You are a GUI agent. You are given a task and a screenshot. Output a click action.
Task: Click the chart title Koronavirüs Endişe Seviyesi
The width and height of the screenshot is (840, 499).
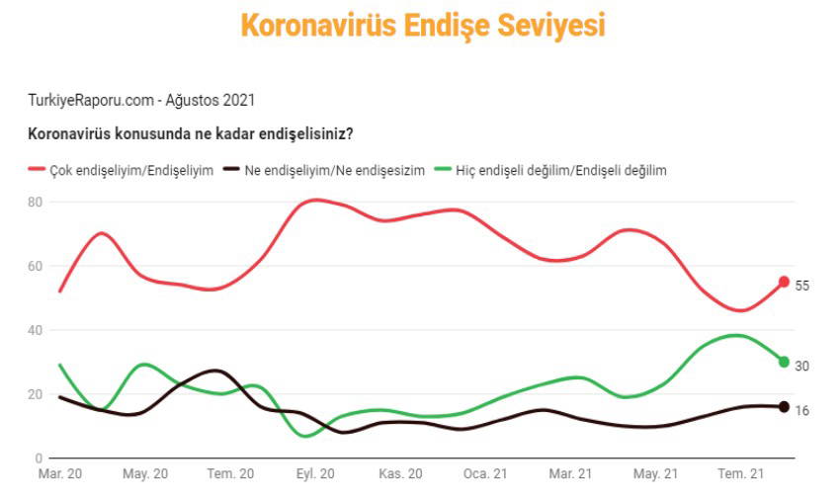pyautogui.click(x=422, y=26)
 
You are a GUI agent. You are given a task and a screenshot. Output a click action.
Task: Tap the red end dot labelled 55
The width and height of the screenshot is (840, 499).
pyautogui.click(x=784, y=282)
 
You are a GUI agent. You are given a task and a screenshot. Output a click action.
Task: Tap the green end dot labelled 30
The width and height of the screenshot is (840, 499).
pyautogui.click(x=784, y=362)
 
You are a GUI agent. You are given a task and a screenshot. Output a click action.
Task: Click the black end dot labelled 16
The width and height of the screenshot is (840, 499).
pyautogui.click(x=784, y=406)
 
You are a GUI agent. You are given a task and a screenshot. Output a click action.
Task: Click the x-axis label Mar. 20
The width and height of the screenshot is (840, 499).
pyautogui.click(x=60, y=474)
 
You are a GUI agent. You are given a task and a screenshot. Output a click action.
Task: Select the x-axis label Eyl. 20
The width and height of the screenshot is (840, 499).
pyautogui.click(x=315, y=474)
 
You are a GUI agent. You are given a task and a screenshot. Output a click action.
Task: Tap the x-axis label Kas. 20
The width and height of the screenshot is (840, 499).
pyautogui.click(x=400, y=474)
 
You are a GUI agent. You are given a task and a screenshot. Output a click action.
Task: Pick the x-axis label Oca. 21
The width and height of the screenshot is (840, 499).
pyautogui.click(x=485, y=474)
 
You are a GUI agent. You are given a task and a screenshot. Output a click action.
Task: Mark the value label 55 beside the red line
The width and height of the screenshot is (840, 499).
pyautogui.click(x=802, y=286)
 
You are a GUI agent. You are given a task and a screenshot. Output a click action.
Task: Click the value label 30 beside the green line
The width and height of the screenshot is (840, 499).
pyautogui.click(x=802, y=366)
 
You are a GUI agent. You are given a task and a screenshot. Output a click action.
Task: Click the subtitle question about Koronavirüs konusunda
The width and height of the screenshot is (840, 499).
pyautogui.click(x=191, y=133)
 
